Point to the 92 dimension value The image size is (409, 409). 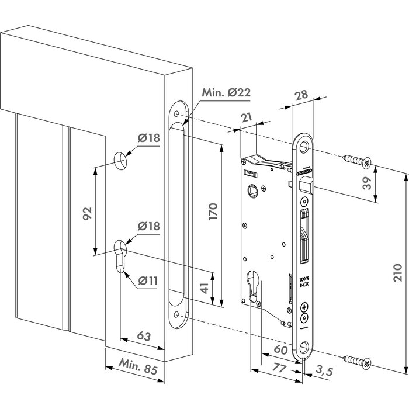click(87, 213)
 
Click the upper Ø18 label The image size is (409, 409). click(149, 139)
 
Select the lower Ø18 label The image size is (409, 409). click(149, 227)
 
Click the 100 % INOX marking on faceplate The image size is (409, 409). click(304, 283)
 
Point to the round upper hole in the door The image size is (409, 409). click(119, 160)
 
